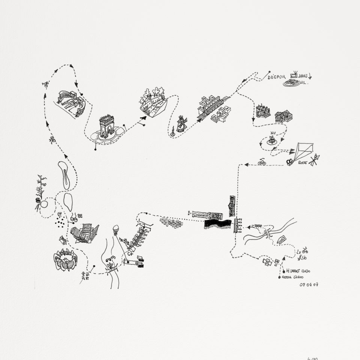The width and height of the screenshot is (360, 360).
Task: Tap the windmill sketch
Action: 181,124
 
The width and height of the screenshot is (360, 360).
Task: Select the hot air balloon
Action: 116,229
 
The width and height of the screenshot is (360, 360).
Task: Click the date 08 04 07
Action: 309,285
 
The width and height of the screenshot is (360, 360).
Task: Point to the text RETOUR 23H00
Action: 298,277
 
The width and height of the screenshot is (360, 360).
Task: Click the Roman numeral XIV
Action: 273,133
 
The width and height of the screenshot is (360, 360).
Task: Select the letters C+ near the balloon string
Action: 131,254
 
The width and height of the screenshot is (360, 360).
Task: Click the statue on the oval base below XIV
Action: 271,141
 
